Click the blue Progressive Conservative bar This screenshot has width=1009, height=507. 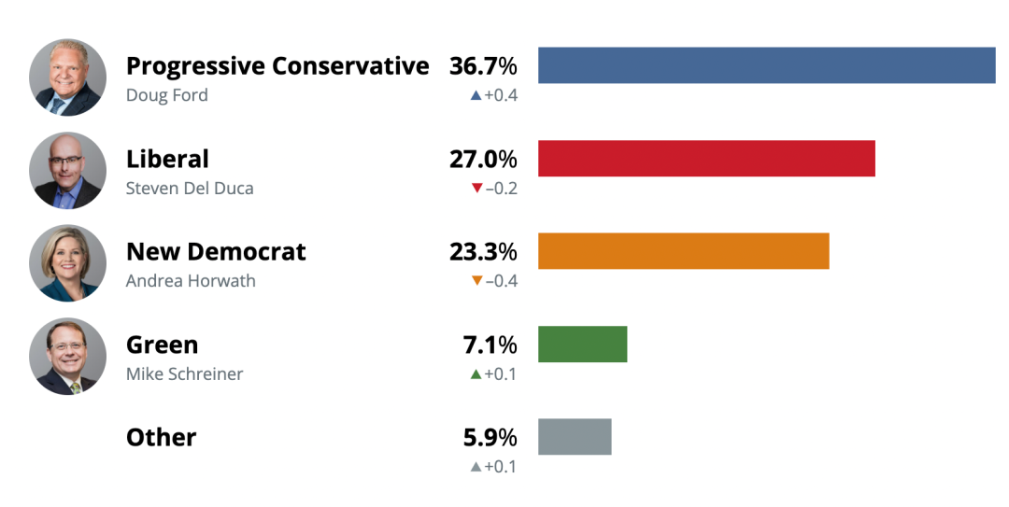(x=766, y=65)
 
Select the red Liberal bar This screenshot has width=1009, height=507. (x=706, y=159)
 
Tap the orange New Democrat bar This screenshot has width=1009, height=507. (x=683, y=251)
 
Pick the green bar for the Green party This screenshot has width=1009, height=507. (x=582, y=345)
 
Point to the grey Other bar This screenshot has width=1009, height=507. (x=575, y=437)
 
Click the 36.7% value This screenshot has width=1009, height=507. (x=483, y=65)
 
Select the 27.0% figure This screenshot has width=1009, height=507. (x=483, y=159)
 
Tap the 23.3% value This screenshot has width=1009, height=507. (x=483, y=251)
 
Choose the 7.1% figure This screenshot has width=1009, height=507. (x=490, y=345)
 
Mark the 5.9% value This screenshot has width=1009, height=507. (x=490, y=438)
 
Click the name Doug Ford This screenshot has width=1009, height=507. (x=166, y=95)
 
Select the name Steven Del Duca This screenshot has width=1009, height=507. (x=190, y=189)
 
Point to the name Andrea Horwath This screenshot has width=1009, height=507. (x=191, y=281)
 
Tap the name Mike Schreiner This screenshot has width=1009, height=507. (x=185, y=373)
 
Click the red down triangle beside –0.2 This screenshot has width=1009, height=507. (x=476, y=188)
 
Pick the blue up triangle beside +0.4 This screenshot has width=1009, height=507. (x=476, y=95)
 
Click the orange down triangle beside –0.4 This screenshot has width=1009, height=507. (x=476, y=280)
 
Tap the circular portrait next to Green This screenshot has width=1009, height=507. (x=67, y=356)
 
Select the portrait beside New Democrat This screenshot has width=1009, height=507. (x=67, y=262)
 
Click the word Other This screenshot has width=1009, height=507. (x=161, y=438)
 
